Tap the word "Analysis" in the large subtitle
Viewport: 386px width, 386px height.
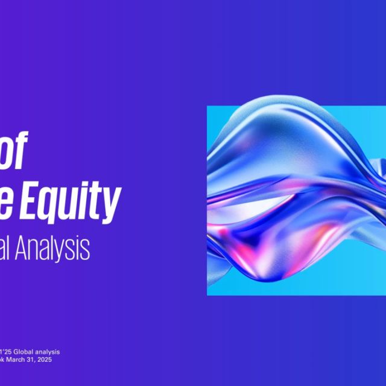pyautogui.click(x=57, y=247)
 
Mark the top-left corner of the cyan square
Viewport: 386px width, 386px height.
pyautogui.click(x=207, y=107)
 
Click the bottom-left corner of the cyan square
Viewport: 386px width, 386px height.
pyautogui.click(x=207, y=295)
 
